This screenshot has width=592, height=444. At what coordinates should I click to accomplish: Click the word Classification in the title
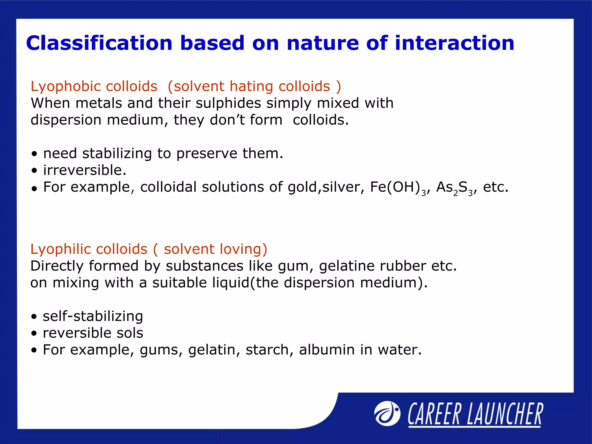click(x=99, y=43)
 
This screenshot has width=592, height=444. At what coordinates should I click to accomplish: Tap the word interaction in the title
click(x=454, y=43)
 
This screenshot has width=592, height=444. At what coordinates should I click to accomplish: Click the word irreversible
click(x=84, y=170)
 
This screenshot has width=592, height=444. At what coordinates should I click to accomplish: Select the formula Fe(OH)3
click(x=397, y=187)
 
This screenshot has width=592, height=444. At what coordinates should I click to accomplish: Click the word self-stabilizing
click(x=93, y=316)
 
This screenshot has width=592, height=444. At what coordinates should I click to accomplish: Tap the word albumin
click(x=327, y=350)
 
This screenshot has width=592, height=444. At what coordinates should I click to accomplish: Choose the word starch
click(x=267, y=350)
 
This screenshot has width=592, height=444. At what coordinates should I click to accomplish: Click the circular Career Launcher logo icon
click(x=387, y=414)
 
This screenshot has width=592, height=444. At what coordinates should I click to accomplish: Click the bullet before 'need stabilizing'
click(x=34, y=154)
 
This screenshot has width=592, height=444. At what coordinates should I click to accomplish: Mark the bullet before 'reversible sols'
click(x=34, y=334)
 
